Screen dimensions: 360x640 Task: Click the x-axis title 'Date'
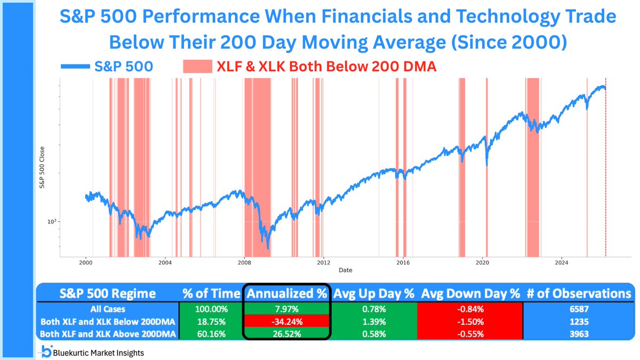pyautogui.click(x=345, y=270)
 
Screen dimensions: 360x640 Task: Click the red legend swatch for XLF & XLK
pyautogui.click(x=197, y=67)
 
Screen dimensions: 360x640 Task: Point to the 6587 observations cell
pyautogui.click(x=577, y=308)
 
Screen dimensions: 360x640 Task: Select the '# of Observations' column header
pyautogui.click(x=577, y=293)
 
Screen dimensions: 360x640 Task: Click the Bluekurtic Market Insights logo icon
pyautogui.click(x=46, y=351)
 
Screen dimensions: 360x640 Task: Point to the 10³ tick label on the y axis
pyautogui.click(x=51, y=221)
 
